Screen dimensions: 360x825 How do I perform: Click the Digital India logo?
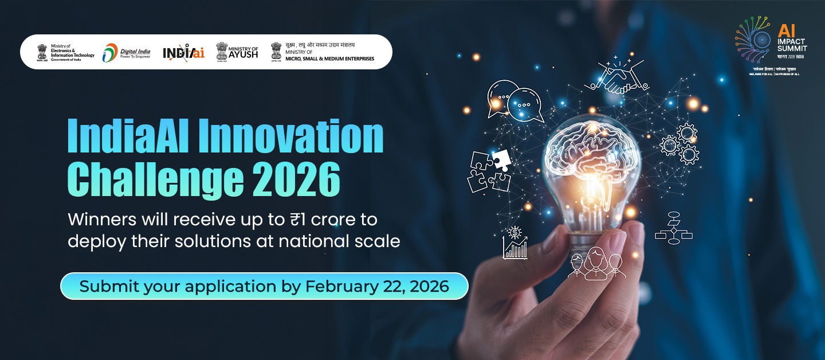tap(126, 53)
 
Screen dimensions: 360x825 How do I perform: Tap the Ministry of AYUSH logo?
tap(237, 52)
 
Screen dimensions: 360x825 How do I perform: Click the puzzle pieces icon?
tap(489, 171)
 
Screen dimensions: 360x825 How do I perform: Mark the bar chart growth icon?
tap(515, 244)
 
